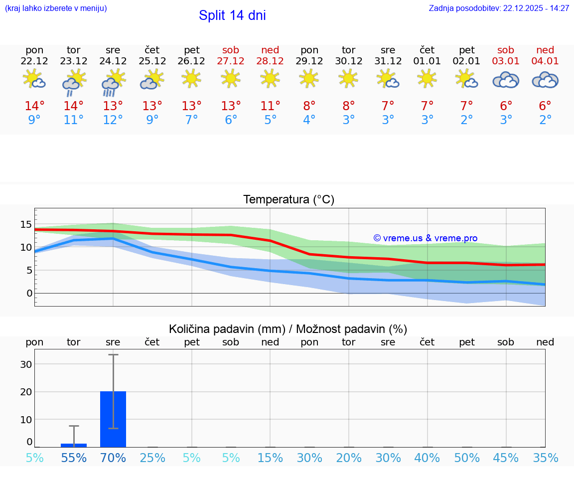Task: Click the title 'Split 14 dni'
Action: (x=232, y=15)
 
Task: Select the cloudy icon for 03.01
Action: (x=506, y=80)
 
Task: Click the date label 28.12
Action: (x=270, y=61)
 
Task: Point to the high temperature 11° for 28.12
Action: (x=270, y=106)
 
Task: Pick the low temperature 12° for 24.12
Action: (x=113, y=120)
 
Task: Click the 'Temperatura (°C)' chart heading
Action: (x=288, y=200)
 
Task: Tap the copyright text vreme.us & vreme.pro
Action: (x=425, y=238)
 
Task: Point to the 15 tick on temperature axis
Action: (x=26, y=224)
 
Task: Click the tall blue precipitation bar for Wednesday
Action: (x=113, y=419)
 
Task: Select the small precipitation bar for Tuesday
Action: (x=74, y=445)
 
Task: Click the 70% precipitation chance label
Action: (x=113, y=458)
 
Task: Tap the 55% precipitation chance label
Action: (x=74, y=458)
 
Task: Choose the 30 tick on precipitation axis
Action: (x=26, y=364)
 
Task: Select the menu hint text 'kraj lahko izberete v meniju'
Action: (x=56, y=8)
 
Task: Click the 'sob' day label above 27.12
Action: (x=231, y=50)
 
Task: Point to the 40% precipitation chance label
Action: (x=427, y=458)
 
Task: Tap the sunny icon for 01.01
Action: (x=427, y=78)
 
